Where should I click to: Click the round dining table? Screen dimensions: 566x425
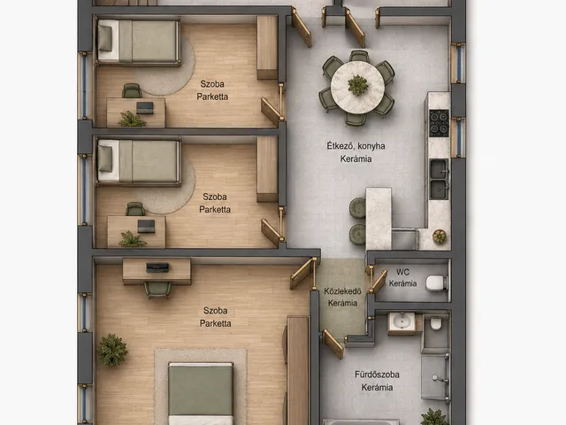[357, 87]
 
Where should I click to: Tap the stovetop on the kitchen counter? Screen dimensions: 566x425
[439, 123]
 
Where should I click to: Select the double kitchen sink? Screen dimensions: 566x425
[439, 179]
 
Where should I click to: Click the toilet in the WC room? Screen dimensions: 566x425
[437, 283]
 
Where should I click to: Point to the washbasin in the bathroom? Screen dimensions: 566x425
[401, 321]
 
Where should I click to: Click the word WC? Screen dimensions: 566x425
[402, 272]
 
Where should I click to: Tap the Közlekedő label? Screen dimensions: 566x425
[342, 291]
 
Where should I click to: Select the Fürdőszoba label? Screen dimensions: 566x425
[377, 375]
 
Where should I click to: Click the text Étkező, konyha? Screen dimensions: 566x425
[356, 146]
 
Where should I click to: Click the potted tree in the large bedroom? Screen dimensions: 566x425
[112, 350]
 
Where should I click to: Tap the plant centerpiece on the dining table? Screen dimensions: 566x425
[357, 85]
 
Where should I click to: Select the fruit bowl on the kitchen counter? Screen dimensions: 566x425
[440, 236]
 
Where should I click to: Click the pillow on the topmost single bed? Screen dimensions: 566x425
[105, 39]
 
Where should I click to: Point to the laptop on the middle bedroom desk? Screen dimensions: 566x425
[146, 226]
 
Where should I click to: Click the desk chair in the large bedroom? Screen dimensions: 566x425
[157, 290]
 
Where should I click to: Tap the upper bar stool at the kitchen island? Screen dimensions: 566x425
[357, 208]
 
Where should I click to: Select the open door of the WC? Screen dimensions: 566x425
[379, 282]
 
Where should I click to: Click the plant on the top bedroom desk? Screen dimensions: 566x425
[132, 119]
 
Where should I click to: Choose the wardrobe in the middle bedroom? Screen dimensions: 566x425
[267, 169]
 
